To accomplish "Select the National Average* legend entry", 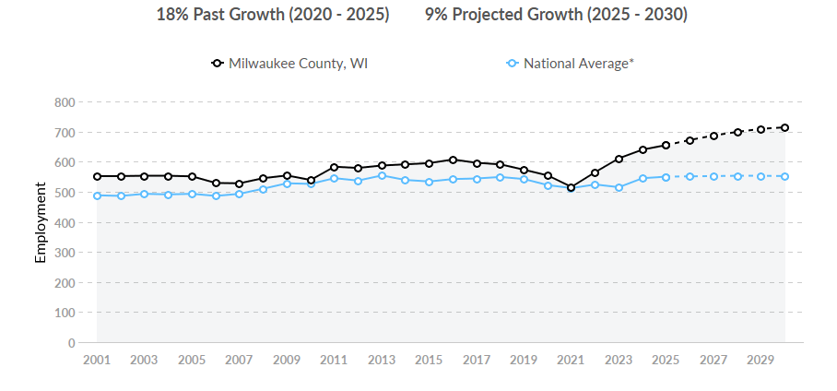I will pyautogui.click(x=571, y=64).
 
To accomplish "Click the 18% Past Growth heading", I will pyautogui.click(x=273, y=16).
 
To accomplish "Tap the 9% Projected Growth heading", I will pyautogui.click(x=556, y=16).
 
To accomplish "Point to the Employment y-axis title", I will pyautogui.click(x=41, y=222).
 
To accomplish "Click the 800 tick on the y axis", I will pyautogui.click(x=65, y=102).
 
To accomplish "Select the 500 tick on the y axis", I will pyautogui.click(x=65, y=193).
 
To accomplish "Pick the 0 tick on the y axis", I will pyautogui.click(x=71, y=343).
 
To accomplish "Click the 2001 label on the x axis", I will pyautogui.click(x=97, y=360).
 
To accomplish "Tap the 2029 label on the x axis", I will pyautogui.click(x=760, y=360).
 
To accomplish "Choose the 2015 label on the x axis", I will pyautogui.click(x=429, y=360).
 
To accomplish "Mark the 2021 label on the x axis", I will pyautogui.click(x=571, y=360).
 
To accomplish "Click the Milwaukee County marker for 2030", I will pyautogui.click(x=784, y=127).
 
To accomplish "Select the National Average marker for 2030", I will pyautogui.click(x=784, y=176).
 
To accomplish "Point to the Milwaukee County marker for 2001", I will pyautogui.click(x=97, y=176).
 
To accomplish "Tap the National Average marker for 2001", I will pyautogui.click(x=97, y=195).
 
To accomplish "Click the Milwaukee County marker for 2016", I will pyautogui.click(x=453, y=160).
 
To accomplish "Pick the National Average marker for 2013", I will pyautogui.click(x=382, y=175).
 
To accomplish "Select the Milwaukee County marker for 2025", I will pyautogui.click(x=666, y=145).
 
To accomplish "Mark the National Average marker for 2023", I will pyautogui.click(x=619, y=187).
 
